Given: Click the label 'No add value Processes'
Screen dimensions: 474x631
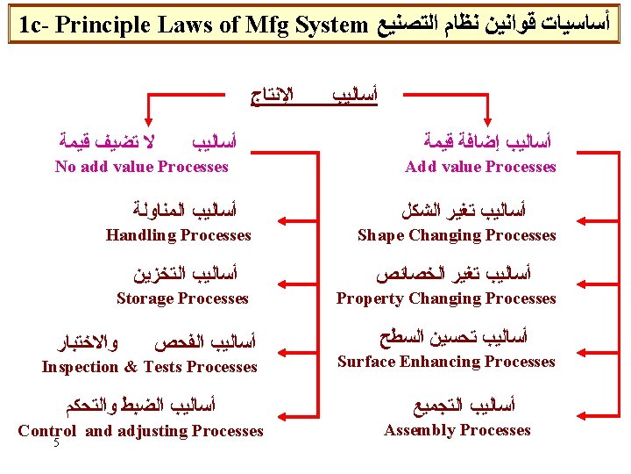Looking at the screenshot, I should pyautogui.click(x=141, y=167).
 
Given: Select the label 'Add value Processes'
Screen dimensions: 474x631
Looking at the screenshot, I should pyautogui.click(x=480, y=167).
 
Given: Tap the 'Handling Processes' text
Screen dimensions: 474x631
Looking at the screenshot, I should pyautogui.click(x=178, y=234).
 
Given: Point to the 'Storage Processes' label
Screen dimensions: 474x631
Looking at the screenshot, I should pyautogui.click(x=182, y=298).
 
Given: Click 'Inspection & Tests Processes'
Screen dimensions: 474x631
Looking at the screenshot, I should pyautogui.click(x=149, y=367).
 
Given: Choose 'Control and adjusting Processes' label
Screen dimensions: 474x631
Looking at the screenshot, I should pyautogui.click(x=140, y=430).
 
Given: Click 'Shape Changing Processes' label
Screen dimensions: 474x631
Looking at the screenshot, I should pyautogui.click(x=457, y=234).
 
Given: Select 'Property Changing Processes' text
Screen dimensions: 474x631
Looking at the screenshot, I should pyautogui.click(x=446, y=298).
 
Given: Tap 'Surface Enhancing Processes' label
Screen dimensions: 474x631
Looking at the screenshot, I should pyautogui.click(x=446, y=362).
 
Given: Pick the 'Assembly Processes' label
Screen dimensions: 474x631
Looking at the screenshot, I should pyautogui.click(x=457, y=430).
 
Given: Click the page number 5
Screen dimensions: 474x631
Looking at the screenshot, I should pyautogui.click(x=56, y=443).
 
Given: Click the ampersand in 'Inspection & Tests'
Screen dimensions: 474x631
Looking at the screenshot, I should pyautogui.click(x=130, y=367).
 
